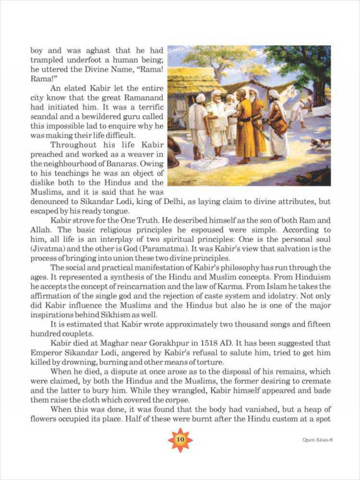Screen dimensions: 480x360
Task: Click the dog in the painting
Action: click(x=320, y=143)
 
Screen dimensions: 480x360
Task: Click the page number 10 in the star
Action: click(x=180, y=440)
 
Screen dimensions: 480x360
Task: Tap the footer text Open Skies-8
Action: click(x=317, y=440)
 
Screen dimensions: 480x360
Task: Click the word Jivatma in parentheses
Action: click(x=46, y=248)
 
